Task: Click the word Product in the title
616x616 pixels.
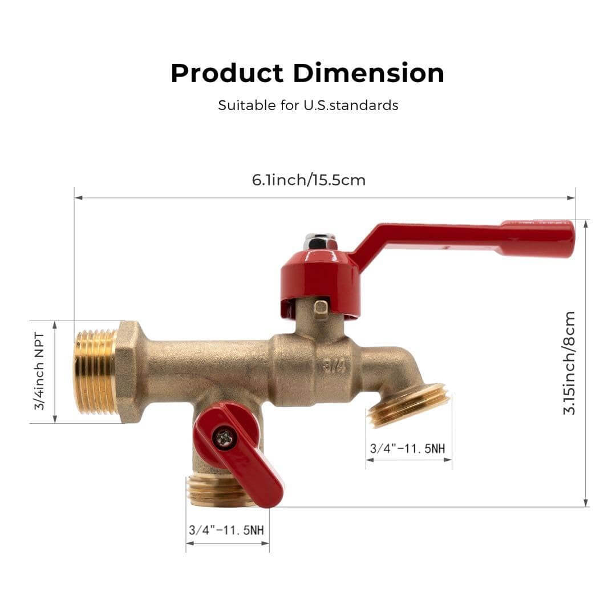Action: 227,74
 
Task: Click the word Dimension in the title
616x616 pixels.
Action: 368,74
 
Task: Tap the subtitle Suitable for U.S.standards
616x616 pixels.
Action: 308,106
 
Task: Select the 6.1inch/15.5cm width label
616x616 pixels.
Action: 309,180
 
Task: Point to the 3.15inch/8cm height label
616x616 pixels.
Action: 570,363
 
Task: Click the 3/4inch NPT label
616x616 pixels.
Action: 39,372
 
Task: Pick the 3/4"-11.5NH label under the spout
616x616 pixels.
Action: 407,448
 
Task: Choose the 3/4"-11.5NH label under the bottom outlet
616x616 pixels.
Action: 226,529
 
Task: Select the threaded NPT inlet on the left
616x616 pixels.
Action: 95,371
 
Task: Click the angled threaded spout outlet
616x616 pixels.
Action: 408,405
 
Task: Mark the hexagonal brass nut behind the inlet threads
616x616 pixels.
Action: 128,372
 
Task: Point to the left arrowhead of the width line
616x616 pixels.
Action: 78,198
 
